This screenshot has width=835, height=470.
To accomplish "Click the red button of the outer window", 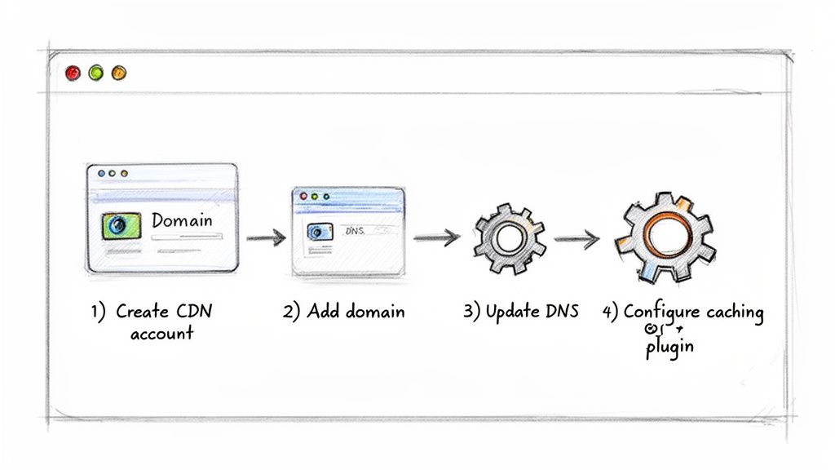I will tap(73, 73).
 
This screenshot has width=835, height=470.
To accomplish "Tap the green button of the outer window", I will tap(96, 73).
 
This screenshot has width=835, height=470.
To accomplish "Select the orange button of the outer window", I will tap(119, 73).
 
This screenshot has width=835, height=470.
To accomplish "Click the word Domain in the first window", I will tap(182, 220).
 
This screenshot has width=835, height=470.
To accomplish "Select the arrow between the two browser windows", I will tap(266, 238).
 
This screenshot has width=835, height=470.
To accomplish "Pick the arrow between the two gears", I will tap(576, 239).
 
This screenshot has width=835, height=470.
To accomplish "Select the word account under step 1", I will tap(161, 333).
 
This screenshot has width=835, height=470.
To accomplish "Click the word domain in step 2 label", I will tap(373, 312).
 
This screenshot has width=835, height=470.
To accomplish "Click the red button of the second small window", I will tap(303, 197).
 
